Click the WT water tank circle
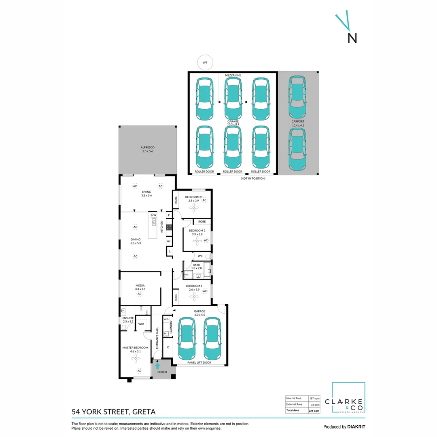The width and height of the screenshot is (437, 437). (205, 63)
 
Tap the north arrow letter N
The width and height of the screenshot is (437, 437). (352, 38)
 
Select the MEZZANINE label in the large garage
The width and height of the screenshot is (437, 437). (233, 75)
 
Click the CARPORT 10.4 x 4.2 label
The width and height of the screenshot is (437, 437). (298, 123)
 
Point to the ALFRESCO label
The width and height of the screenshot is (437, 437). (148, 149)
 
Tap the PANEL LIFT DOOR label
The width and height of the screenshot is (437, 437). (199, 363)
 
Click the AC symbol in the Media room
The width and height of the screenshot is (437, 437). (140, 294)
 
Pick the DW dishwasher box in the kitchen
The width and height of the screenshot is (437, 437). (154, 214)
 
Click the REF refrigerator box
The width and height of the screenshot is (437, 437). (168, 241)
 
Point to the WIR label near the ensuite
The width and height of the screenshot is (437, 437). (141, 324)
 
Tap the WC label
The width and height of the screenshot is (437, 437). (200, 256)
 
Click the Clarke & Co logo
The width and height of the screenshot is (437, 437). (348, 398)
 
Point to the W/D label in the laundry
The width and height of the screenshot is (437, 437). (166, 320)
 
